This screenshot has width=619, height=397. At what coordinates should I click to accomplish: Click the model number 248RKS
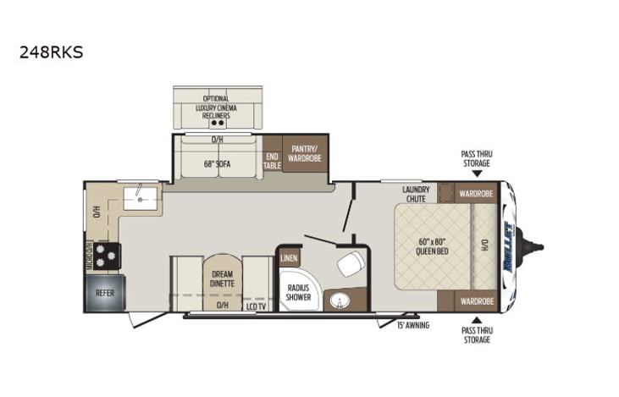pyautogui.click(x=51, y=52)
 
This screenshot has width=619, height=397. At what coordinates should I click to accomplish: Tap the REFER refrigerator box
pyautogui.click(x=103, y=293)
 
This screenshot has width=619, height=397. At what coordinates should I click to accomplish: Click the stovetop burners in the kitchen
pyautogui.click(x=108, y=255)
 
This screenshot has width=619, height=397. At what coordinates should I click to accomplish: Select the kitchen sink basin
pyautogui.click(x=141, y=199)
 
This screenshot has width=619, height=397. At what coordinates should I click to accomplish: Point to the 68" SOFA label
pyautogui.click(x=218, y=163)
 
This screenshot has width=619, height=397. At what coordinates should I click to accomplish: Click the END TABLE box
pyautogui.click(x=272, y=161)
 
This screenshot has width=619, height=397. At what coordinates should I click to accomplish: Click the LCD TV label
pyautogui.click(x=256, y=305)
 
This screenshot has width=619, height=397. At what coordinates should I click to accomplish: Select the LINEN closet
pyautogui.click(x=289, y=256)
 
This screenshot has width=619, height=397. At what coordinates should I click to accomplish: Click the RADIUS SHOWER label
pyautogui.click(x=297, y=292)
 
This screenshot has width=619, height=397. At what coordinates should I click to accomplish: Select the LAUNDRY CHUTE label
pyautogui.click(x=417, y=194)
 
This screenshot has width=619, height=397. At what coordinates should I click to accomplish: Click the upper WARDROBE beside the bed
pyautogui.click(x=476, y=193)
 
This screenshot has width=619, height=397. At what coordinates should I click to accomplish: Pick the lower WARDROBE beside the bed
pyautogui.click(x=476, y=301)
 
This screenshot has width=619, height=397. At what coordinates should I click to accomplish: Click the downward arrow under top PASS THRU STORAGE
pyautogui.click(x=476, y=173)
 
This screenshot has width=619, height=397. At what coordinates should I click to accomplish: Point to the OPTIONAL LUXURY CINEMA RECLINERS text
pyautogui.click(x=215, y=107)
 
